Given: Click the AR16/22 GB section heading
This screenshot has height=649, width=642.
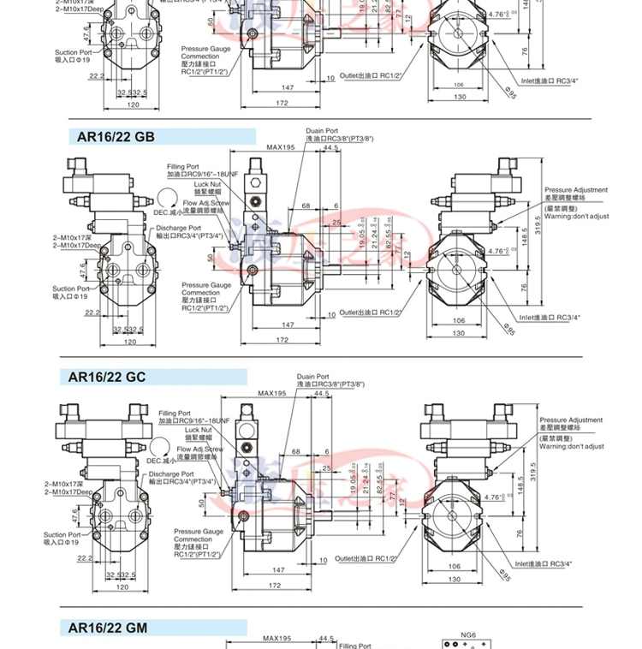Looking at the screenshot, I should [x=116, y=136].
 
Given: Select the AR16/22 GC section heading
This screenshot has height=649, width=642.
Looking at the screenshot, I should [x=116, y=377].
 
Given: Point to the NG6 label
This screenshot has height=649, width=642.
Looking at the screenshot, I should [x=467, y=636].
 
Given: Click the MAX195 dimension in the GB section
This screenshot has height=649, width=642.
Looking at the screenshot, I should [x=280, y=147].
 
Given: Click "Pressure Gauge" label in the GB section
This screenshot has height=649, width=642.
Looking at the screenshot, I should [x=206, y=285].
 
